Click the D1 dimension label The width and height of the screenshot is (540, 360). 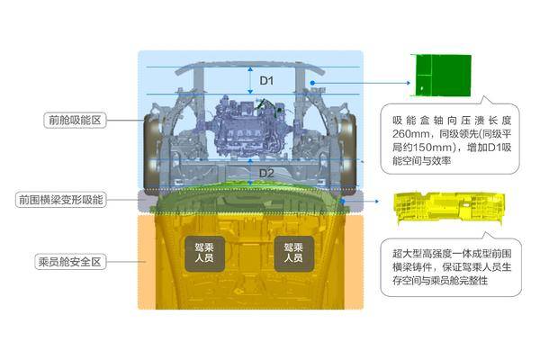click(266, 81)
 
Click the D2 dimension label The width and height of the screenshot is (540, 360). click(266, 173)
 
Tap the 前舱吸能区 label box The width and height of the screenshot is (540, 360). click(75, 121)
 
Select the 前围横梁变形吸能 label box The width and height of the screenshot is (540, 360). click(60, 200)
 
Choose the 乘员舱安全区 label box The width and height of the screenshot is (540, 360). click(70, 262)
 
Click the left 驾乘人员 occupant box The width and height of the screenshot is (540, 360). click(204, 253)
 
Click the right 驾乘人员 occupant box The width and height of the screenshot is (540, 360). click(293, 253)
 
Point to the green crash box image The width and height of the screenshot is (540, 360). click(443, 75)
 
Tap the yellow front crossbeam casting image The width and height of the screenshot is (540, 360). click(449, 207)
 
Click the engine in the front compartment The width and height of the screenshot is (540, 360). click(247, 127)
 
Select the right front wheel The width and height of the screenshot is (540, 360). click(348, 151)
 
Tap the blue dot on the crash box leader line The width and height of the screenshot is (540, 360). click(312, 83)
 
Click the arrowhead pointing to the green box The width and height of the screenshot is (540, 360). click(409, 83)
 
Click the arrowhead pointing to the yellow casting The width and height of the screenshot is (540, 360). click(377, 202)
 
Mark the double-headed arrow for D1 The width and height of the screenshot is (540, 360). click(250, 81)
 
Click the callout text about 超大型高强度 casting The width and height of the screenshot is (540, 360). click(452, 267)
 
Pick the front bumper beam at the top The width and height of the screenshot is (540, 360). click(250, 67)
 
